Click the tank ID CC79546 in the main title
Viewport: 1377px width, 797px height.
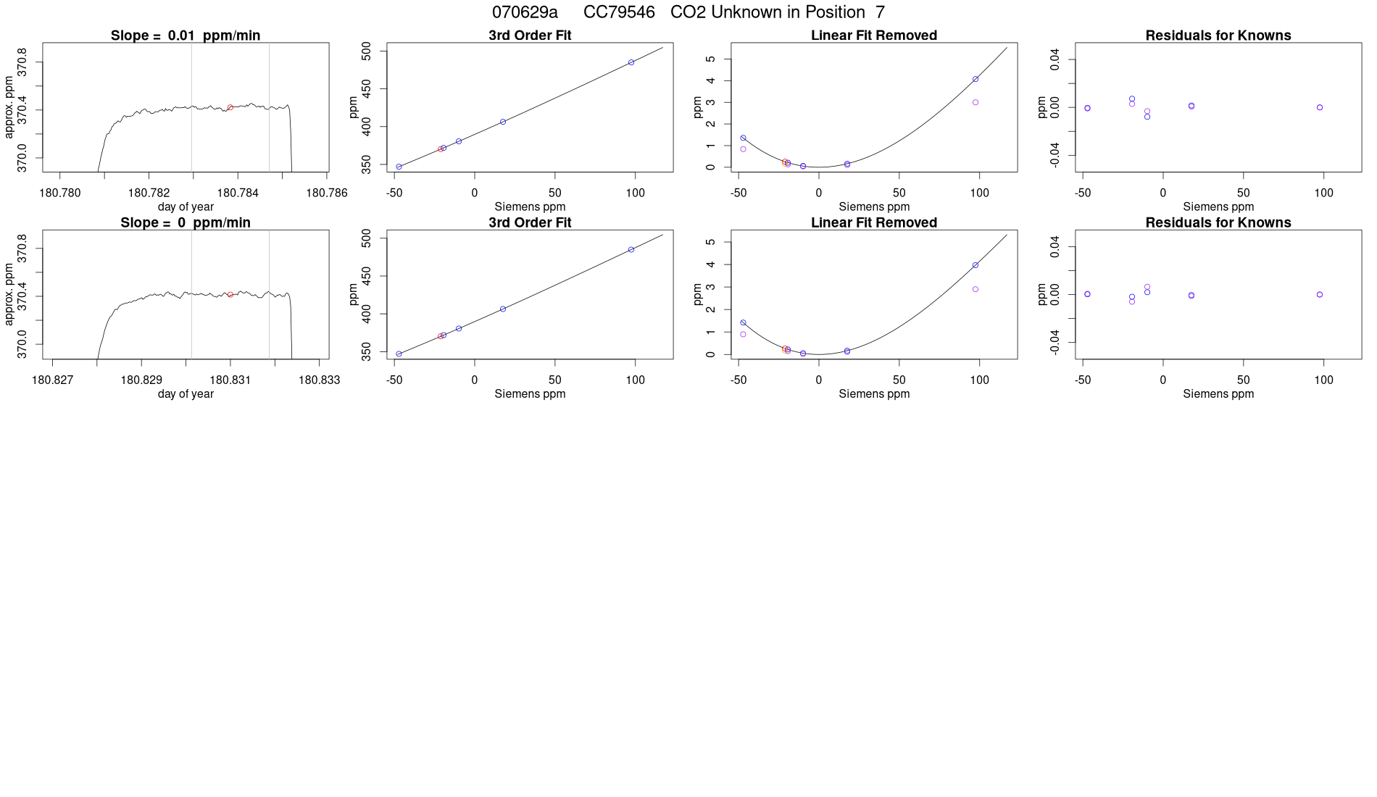[x=619, y=12]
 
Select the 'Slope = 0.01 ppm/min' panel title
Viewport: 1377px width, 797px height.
[x=186, y=36]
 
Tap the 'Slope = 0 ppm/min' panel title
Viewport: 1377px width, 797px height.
[x=186, y=222]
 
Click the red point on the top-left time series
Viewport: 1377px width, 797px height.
[x=230, y=108]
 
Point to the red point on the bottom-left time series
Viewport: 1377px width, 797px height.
[x=230, y=295]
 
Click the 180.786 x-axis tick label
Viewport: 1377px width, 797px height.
[x=326, y=193]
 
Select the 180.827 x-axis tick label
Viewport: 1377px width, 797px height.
[x=52, y=380]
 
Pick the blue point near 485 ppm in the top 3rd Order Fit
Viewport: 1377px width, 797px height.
[x=631, y=62]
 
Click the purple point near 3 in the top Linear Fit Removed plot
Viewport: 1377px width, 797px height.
[x=975, y=103]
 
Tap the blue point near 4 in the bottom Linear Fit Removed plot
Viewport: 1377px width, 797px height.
[x=975, y=265]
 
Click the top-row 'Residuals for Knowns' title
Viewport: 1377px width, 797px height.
[x=1218, y=36]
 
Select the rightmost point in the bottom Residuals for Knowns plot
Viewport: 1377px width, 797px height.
[x=1320, y=295]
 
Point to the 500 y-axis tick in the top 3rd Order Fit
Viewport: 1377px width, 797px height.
[x=367, y=50]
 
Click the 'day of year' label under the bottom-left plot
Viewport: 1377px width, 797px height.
[x=186, y=394]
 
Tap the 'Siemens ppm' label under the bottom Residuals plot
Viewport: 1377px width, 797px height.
[x=1218, y=394]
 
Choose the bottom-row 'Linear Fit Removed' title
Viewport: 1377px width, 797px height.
[x=873, y=222]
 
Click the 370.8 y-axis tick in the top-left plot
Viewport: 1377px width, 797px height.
[x=22, y=62]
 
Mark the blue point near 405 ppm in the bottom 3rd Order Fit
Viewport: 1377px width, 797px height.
[x=503, y=309]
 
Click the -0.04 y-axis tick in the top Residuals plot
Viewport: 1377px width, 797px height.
[x=1054, y=154]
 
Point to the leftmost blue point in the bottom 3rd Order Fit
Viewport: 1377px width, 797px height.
[x=399, y=354]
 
